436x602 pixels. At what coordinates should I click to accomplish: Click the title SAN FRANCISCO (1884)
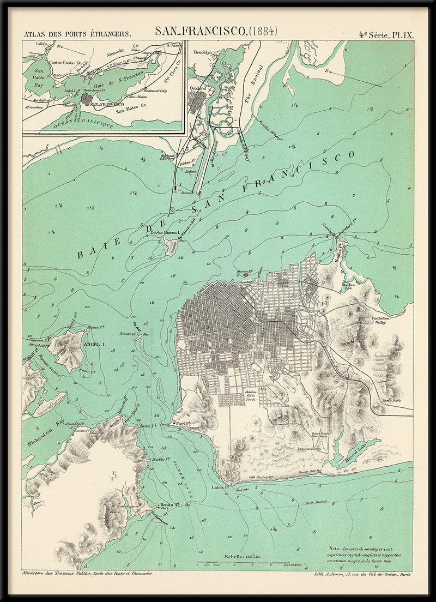216,31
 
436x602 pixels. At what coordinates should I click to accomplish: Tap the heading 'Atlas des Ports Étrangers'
77,34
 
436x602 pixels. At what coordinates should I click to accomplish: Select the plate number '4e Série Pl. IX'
386,34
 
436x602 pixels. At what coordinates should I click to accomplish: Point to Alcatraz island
138,336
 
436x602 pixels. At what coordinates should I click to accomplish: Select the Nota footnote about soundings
367,554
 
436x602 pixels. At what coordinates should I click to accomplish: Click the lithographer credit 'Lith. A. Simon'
363,574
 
